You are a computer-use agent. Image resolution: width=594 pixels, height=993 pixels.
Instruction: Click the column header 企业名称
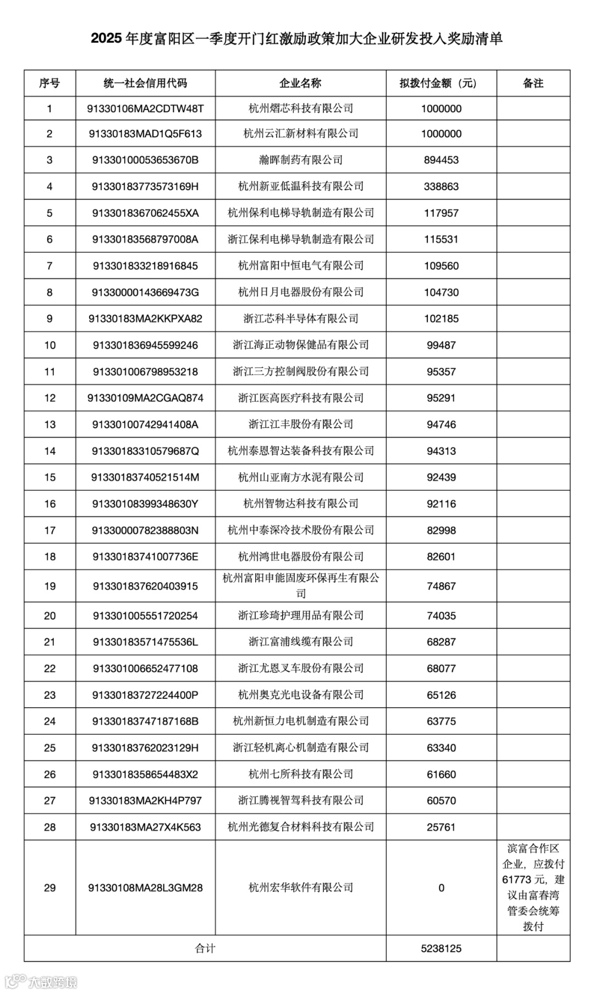coord(300,84)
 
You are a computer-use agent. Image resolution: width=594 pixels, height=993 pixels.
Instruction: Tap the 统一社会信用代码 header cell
coord(145,84)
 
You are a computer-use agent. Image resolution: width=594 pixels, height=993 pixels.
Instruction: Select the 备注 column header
coord(533,84)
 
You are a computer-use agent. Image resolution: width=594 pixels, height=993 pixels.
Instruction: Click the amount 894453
coord(441,160)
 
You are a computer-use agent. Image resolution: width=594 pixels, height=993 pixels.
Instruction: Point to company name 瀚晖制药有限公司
coord(300,160)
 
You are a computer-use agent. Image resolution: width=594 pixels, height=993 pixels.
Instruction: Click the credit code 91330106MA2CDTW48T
coord(145,109)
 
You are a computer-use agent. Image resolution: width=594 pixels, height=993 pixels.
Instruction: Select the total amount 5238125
coord(441,948)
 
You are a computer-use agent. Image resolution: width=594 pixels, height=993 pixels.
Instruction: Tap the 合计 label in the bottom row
coord(205,948)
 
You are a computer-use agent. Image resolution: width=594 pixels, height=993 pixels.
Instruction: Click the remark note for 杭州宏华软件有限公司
coord(533,887)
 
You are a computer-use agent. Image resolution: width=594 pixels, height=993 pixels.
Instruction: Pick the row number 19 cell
coord(50,586)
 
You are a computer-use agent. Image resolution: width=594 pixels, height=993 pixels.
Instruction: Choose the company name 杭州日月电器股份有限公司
coord(300,293)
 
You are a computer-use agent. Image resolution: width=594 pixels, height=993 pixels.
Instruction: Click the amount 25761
coord(441,827)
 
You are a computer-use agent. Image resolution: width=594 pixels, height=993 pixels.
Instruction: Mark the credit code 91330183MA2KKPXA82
coord(145,319)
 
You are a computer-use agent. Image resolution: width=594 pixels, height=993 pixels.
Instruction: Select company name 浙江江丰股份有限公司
coord(300,424)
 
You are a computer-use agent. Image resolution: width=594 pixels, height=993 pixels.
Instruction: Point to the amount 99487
coord(441,345)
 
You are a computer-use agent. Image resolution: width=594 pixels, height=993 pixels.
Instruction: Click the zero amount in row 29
coord(441,888)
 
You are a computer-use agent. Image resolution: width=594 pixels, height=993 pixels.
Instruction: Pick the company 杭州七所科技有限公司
coord(300,774)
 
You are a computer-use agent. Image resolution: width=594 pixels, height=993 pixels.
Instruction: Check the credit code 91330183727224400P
coord(145,695)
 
